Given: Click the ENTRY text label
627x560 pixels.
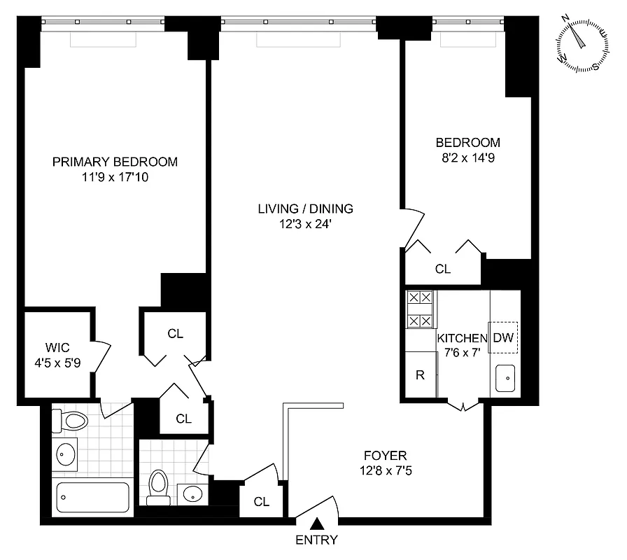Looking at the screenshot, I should tap(316, 540).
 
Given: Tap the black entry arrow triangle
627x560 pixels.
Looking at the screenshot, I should tap(317, 523).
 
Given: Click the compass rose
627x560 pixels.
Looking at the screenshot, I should tap(581, 43).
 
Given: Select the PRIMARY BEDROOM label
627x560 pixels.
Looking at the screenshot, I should tap(115, 162).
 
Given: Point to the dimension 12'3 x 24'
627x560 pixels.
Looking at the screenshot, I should tap(305, 225).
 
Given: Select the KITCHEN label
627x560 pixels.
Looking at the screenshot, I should tap(462, 338).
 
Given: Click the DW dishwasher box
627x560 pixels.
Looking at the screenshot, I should tap(503, 337).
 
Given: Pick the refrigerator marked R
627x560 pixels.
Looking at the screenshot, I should tap(421, 375).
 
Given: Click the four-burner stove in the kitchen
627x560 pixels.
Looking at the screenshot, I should tap(420, 309).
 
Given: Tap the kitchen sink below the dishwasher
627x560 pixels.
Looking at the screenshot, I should tap(504, 379).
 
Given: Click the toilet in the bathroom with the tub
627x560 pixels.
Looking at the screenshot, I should tap(73, 421).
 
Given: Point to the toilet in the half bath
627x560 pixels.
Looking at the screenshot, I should tap(159, 485).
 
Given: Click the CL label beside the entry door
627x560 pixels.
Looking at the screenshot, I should tap(262, 502).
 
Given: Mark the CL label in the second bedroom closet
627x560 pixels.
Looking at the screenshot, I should tap(442, 269).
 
